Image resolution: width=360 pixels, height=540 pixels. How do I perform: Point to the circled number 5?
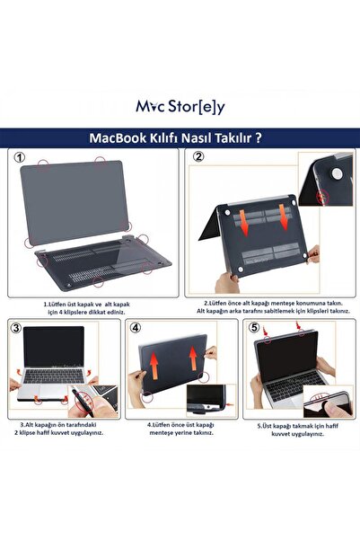[x=255, y=329]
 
